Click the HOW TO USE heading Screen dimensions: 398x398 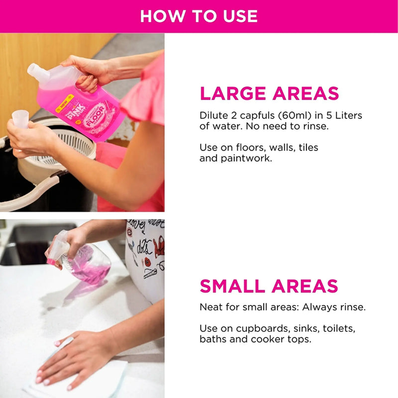[x=199, y=16]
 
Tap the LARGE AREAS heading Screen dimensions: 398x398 [x=269, y=94]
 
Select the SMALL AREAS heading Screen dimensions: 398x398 [x=269, y=286]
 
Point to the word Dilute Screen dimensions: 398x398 [x=212, y=116]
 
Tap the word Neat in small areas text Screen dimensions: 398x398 [x=210, y=307]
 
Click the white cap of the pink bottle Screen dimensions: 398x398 [x=37, y=73]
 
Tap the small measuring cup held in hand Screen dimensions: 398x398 [x=20, y=119]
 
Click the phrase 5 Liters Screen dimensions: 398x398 [x=342, y=116]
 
